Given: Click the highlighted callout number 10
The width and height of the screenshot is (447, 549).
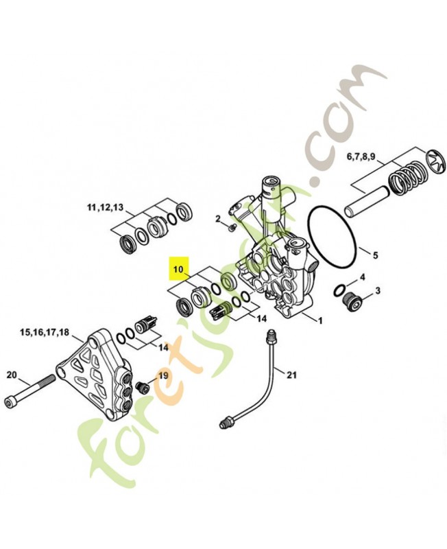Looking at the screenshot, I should [178, 268].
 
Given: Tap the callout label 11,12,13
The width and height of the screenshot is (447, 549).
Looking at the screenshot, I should [105, 207].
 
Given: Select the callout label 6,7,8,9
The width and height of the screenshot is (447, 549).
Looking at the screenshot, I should [361, 157].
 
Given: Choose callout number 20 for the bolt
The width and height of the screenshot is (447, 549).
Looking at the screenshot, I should [12, 375].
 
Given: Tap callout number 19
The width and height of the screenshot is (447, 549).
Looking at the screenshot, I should [163, 375].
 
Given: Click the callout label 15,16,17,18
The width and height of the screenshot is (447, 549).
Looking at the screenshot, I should [45, 332].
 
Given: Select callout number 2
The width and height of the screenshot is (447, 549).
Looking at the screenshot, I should [218, 219].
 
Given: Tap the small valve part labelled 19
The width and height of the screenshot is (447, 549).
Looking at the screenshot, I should [143, 386].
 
